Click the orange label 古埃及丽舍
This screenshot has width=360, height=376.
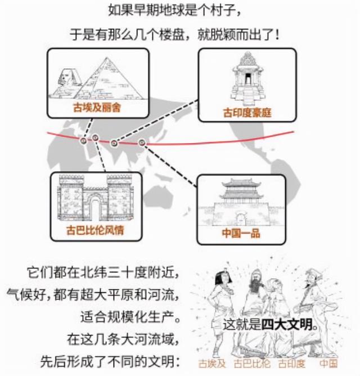[97, 107]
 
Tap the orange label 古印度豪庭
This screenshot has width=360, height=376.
[247, 113]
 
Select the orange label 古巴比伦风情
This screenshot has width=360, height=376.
[95, 230]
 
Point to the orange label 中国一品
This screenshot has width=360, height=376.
[241, 233]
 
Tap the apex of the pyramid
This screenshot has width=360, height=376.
[106, 58]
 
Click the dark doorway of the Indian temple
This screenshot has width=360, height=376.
[247, 79]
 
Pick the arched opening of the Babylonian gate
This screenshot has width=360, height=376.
[95, 208]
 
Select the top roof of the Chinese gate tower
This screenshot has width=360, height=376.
[241, 183]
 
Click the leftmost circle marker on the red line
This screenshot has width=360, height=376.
[84, 141]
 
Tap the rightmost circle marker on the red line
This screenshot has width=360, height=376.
[142, 143]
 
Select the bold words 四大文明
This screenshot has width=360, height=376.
[287, 325]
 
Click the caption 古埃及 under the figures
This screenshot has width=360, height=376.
[212, 364]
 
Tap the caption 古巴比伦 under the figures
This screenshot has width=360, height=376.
[252, 364]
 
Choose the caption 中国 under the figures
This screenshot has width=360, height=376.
[328, 364]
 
